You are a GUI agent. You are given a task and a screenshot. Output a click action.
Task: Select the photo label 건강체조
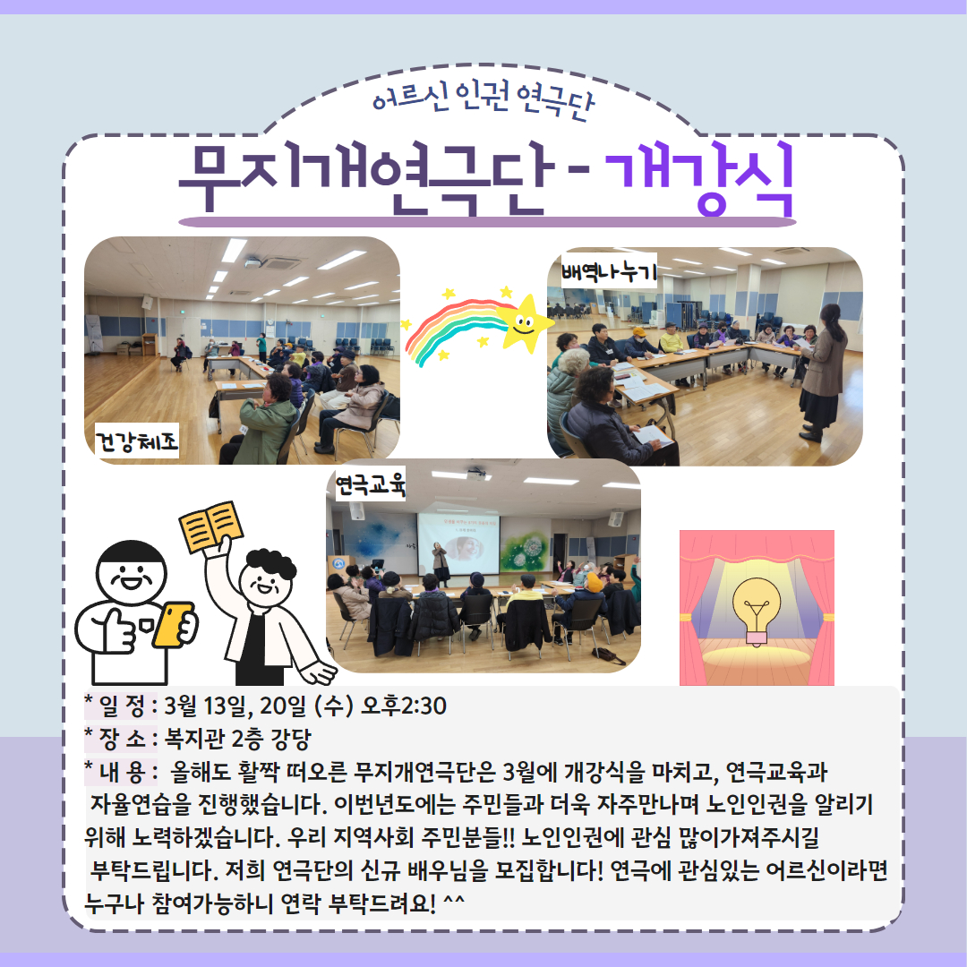pos(136,441)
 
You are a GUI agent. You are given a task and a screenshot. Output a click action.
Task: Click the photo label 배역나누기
pos(609,270)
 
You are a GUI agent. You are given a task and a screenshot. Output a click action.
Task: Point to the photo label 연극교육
pos(370,483)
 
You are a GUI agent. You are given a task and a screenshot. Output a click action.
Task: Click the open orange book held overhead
pos(211,526)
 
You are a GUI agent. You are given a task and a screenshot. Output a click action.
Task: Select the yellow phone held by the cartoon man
pos(173,625)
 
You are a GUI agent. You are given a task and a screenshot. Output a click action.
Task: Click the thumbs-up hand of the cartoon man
pos(116,629)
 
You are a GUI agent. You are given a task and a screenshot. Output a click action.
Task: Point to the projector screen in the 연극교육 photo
pos(458,543)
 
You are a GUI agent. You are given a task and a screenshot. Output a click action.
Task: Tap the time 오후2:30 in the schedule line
pos(403,706)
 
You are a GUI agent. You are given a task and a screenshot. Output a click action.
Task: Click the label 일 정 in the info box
pos(121,706)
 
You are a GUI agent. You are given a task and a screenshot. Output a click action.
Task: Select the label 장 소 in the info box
pos(121,739)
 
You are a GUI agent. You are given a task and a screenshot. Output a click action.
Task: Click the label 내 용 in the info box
pos(121,772)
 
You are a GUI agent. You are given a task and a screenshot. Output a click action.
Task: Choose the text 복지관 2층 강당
pos(237,739)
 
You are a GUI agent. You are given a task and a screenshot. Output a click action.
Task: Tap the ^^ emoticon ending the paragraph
pos(453,901)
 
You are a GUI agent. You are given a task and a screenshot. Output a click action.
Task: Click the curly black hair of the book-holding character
pos(270,564)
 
